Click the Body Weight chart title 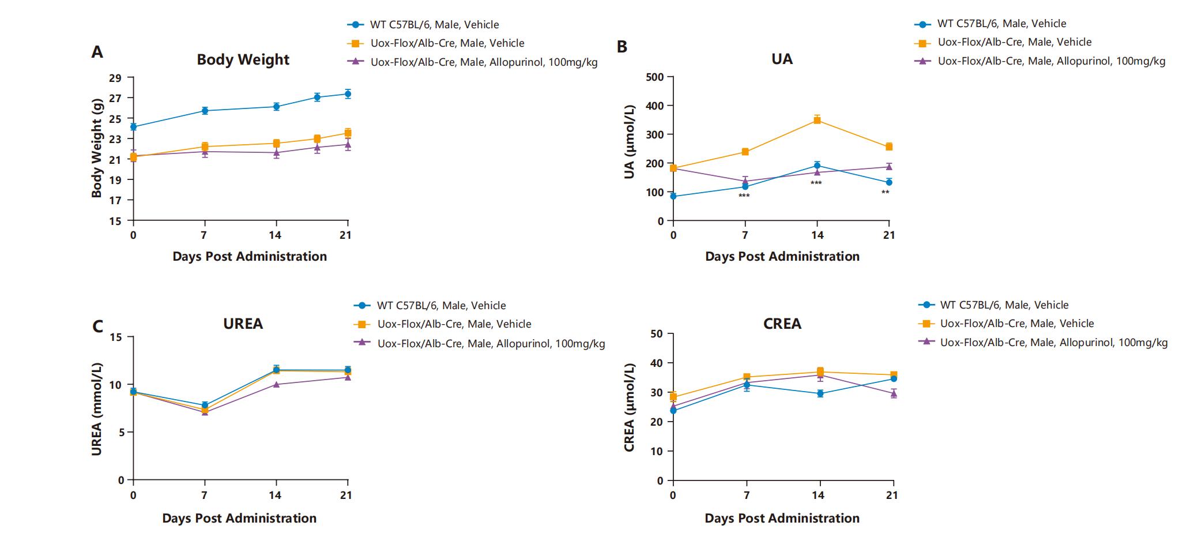(x=243, y=60)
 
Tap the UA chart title (x=782, y=59)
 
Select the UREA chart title (x=243, y=324)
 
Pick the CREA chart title (x=782, y=324)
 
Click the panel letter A (x=97, y=52)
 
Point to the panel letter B (x=621, y=47)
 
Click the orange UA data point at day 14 (x=817, y=120)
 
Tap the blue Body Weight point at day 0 (x=133, y=126)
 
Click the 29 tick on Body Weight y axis (x=115, y=78)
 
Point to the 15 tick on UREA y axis (x=117, y=337)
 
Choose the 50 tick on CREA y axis (x=656, y=333)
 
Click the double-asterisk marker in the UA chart (x=885, y=193)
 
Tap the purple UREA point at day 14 (x=276, y=384)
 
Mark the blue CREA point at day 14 (x=820, y=393)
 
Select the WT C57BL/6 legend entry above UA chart (x=1001, y=24)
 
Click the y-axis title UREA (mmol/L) (x=97, y=409)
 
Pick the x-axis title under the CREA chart (x=782, y=518)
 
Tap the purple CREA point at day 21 (x=894, y=393)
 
